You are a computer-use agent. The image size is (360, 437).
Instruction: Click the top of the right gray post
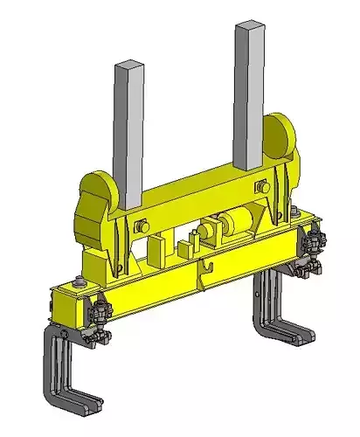[249, 27]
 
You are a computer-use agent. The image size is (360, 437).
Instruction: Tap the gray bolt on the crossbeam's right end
[261, 187]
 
